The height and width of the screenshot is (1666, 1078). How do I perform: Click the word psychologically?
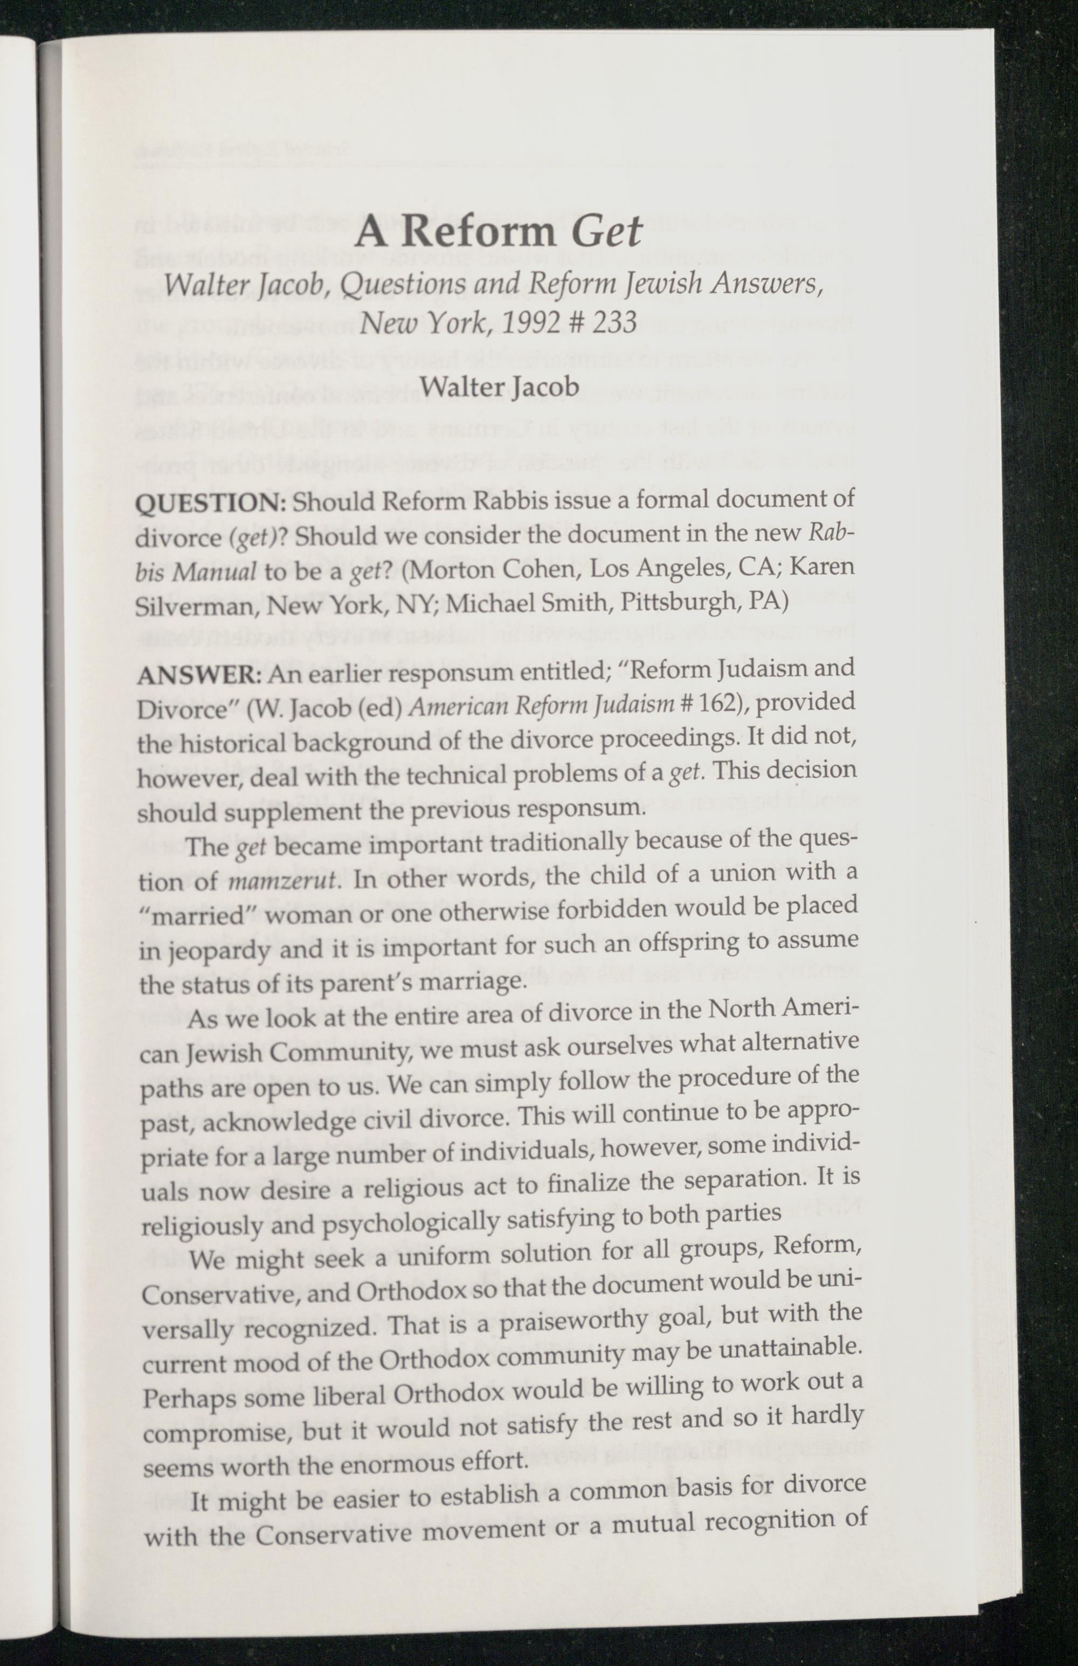(412, 1223)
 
